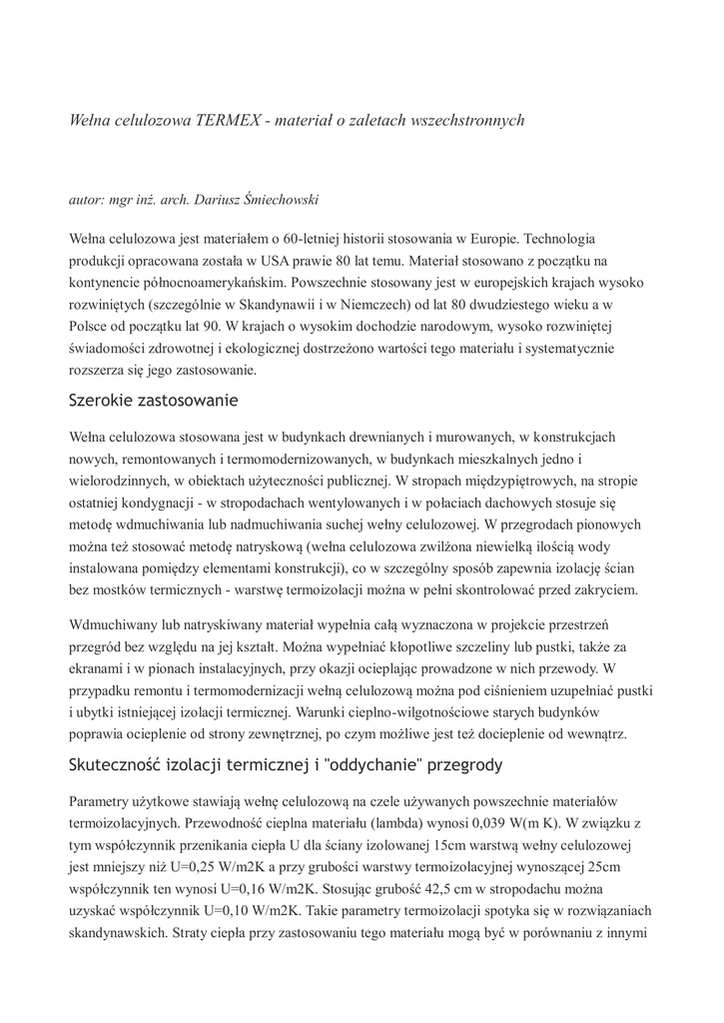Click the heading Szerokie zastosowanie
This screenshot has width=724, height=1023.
pos(153,402)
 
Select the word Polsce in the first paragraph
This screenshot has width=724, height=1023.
pos(89,327)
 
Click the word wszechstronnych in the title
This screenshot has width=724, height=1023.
pos(466,120)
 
